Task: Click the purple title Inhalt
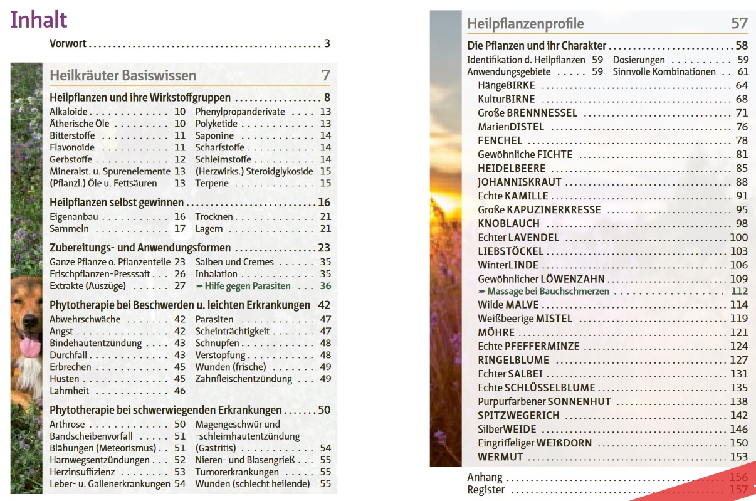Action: (38, 19)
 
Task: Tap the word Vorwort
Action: (68, 44)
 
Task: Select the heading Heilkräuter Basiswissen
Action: (123, 76)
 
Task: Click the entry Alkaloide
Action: (68, 112)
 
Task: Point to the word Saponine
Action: (214, 135)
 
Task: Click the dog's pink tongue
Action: (29, 346)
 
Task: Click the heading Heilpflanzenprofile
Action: (525, 24)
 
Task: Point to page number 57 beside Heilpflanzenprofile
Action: (739, 24)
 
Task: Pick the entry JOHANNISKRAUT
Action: (519, 182)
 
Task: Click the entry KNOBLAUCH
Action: (508, 223)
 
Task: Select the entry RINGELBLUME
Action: (513, 360)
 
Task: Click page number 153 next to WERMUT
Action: (738, 456)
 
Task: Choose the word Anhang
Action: (485, 477)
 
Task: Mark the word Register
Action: (486, 490)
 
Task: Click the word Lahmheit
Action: (69, 391)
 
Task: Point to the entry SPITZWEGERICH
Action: (518, 415)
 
